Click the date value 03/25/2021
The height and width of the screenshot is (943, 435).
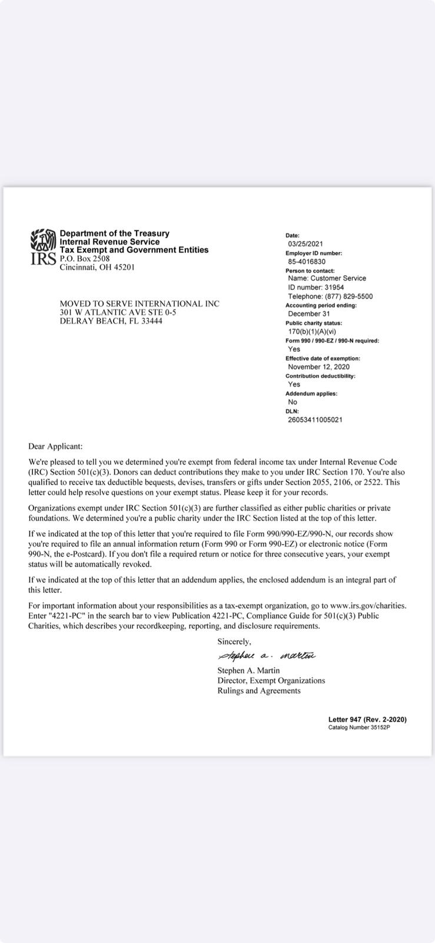(306, 243)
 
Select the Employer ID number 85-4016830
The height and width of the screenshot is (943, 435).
(307, 261)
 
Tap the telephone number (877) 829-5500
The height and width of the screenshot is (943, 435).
(330, 296)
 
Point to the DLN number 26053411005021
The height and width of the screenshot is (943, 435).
(315, 420)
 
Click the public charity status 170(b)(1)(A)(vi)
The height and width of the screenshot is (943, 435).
(312, 331)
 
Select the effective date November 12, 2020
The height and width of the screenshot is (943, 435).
(319, 367)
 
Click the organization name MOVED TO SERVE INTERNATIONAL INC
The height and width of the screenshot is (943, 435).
(140, 304)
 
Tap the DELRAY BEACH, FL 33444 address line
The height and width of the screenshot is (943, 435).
(111, 321)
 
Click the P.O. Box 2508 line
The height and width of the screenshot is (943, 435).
(85, 258)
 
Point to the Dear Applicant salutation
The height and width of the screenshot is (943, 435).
(55, 447)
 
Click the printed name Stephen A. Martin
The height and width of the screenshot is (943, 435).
(248, 670)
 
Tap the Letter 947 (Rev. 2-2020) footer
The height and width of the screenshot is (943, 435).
(367, 719)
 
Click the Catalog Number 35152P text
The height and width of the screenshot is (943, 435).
(359, 727)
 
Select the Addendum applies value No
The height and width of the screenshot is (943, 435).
(293, 402)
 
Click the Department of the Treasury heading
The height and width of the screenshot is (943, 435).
(114, 233)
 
